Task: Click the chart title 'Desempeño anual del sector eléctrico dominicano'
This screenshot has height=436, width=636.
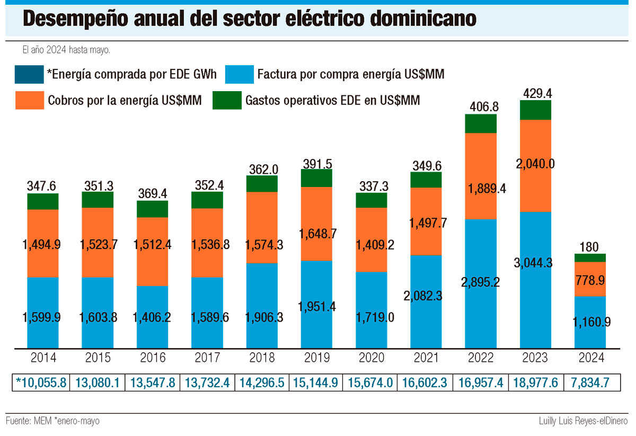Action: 249,19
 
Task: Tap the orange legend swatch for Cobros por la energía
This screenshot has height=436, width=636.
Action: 30,100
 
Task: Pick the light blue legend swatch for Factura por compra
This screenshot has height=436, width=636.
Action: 240,75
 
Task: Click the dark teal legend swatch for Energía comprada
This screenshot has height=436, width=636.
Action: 30,75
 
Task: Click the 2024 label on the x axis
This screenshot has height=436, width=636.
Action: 590,358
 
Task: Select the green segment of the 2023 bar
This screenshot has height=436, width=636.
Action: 535,110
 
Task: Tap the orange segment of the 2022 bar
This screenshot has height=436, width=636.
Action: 481,159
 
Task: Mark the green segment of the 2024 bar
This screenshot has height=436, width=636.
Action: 590,258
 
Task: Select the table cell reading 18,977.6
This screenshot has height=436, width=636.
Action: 535,382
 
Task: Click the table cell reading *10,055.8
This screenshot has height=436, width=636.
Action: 41,382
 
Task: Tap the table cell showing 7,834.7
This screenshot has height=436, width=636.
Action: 590,382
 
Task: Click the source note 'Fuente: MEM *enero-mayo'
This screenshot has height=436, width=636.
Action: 52,421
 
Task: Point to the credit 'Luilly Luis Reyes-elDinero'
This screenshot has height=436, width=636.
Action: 581,421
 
